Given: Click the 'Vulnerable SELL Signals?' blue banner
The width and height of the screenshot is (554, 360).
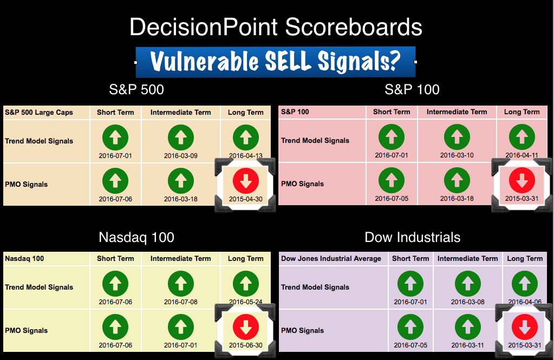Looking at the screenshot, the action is click(x=276, y=62).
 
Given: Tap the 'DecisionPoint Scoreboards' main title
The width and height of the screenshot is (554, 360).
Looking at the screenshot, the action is click(x=276, y=27).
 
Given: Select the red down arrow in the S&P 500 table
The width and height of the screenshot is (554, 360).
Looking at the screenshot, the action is click(x=246, y=181).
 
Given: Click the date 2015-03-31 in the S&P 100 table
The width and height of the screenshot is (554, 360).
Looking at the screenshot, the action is click(x=522, y=199).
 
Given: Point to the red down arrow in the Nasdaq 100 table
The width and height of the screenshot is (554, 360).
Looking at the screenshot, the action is click(x=246, y=327).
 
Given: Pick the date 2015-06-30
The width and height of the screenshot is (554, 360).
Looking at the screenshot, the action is click(x=246, y=345).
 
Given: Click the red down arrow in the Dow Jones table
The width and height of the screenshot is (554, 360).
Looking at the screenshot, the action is click(x=525, y=327).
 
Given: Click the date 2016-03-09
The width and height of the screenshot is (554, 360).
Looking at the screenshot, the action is click(x=181, y=156).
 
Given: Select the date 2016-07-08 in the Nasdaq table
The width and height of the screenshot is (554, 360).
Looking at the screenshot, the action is click(x=181, y=302).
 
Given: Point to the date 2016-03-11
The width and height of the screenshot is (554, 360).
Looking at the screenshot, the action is click(x=468, y=345).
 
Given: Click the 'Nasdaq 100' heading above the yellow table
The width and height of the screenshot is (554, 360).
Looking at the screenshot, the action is click(x=136, y=238).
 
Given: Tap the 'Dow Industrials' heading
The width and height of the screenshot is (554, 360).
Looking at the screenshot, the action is click(x=412, y=238).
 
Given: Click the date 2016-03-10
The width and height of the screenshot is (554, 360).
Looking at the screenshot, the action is click(x=457, y=155).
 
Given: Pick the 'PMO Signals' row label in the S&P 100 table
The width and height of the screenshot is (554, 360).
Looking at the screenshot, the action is click(x=302, y=184).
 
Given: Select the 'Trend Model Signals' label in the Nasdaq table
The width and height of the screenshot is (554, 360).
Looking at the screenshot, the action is click(x=39, y=287).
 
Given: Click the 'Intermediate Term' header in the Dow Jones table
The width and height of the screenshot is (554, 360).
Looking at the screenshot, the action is click(x=468, y=259).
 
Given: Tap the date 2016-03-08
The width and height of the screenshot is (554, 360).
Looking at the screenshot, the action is click(x=468, y=302).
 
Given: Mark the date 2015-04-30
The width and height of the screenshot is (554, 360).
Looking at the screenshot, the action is click(x=246, y=199).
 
